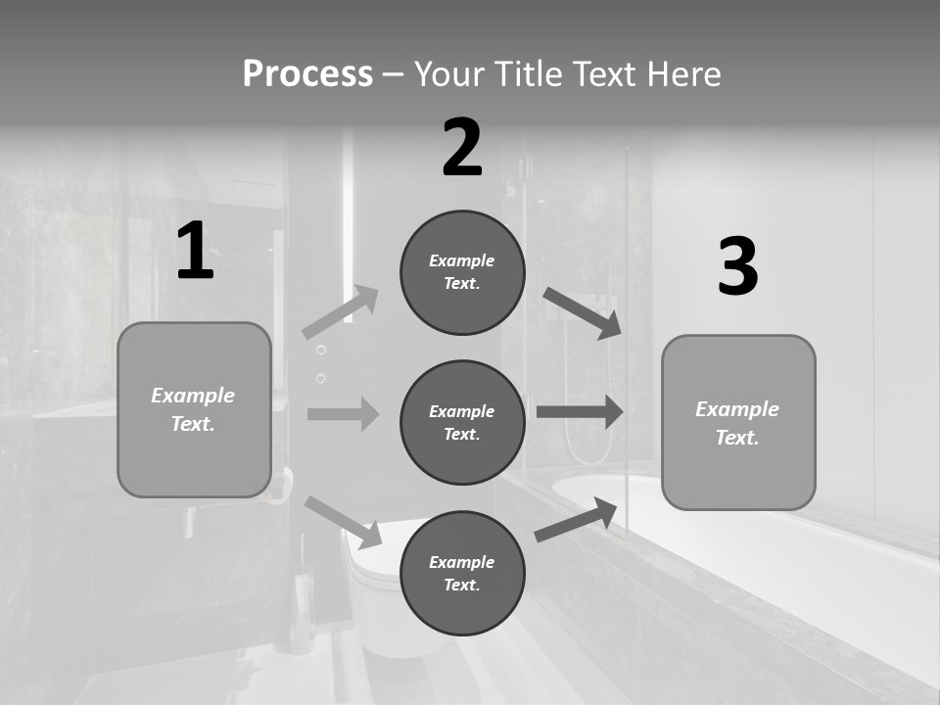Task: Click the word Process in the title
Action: pyautogui.click(x=307, y=74)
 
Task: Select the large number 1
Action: pyautogui.click(x=194, y=252)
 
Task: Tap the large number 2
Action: pyautogui.click(x=462, y=148)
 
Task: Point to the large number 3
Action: pyautogui.click(x=737, y=266)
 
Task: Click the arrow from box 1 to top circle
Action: pyautogui.click(x=341, y=312)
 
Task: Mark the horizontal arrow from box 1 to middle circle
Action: pyautogui.click(x=343, y=414)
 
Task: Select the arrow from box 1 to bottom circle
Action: pyautogui.click(x=344, y=522)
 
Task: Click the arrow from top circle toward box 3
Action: pyautogui.click(x=582, y=312)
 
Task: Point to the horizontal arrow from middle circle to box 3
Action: pyautogui.click(x=580, y=411)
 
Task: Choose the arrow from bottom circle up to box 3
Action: pyautogui.click(x=577, y=520)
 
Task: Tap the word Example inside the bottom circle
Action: pyautogui.click(x=462, y=562)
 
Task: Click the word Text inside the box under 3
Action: pyautogui.click(x=737, y=438)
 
